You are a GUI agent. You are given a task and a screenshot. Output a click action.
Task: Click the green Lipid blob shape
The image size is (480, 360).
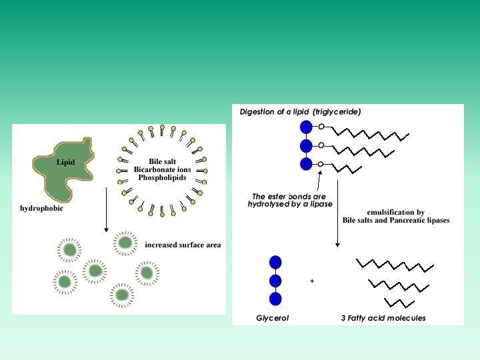[x=60, y=173]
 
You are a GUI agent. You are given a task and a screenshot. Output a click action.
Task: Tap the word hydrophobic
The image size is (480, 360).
[x=41, y=208]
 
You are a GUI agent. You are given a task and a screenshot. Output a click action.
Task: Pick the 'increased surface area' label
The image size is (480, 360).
[x=183, y=245]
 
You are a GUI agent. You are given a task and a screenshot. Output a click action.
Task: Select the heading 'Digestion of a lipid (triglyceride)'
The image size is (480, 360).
[x=300, y=112]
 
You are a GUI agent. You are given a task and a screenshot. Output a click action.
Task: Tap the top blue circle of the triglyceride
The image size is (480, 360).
[x=306, y=127]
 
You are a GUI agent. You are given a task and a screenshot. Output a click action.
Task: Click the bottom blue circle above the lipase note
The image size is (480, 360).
[x=306, y=164]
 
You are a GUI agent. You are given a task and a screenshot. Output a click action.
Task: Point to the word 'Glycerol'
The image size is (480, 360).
[x=272, y=318]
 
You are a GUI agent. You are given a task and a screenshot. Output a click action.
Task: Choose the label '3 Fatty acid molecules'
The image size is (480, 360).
[x=383, y=318]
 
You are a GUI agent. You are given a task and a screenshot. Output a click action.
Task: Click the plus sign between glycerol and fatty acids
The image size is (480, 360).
[x=312, y=281]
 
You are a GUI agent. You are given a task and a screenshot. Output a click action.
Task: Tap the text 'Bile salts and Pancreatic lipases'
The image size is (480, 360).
[x=396, y=221]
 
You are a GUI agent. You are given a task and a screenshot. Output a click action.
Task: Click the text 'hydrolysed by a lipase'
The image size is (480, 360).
[x=290, y=204]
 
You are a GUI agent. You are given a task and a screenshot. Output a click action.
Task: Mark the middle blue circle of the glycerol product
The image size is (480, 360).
[x=275, y=281]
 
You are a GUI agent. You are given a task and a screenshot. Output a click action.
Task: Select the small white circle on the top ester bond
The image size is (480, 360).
[x=321, y=127]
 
